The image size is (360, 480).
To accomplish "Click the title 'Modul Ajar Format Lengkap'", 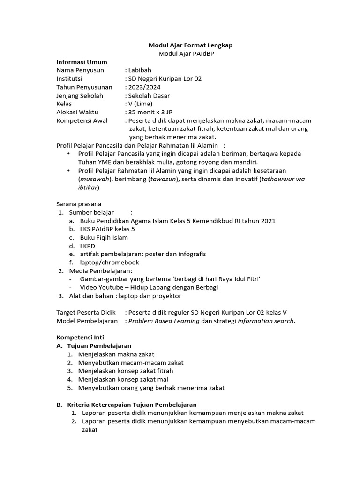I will tap(190, 45).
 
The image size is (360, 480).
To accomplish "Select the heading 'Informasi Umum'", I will tap(82, 62).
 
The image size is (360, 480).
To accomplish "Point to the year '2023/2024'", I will tap(142, 87).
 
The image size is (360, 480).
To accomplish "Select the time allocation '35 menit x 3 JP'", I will tap(150, 112).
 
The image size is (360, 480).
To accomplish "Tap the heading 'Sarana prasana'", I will tap(79, 204).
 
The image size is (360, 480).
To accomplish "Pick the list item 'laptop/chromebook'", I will tap(109, 262).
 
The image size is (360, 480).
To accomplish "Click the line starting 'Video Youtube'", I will tap(149, 287).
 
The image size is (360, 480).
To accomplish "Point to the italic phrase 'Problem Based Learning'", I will tap(164, 321).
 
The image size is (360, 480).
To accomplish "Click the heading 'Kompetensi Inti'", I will tap(80, 337).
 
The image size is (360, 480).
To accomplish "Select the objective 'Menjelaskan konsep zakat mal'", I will tap(123, 379).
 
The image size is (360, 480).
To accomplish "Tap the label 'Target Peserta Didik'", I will tap(86, 312).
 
